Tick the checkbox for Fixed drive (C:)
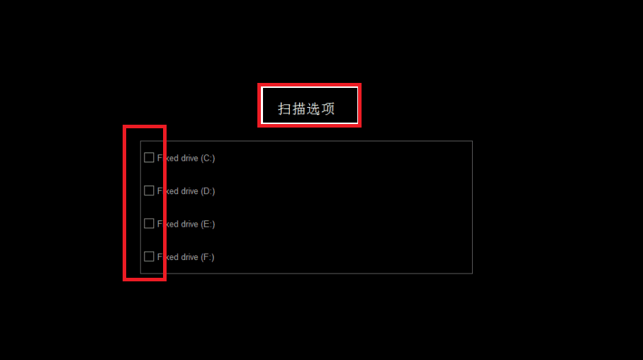pyautogui.click(x=149, y=157)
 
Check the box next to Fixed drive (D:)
pyautogui.click(x=149, y=191)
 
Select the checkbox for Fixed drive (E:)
pyautogui.click(x=149, y=223)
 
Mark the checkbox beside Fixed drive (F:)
pyautogui.click(x=149, y=257)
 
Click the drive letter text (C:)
pyautogui.click(x=208, y=158)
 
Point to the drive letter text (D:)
pyautogui.click(x=208, y=191)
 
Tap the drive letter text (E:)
pyautogui.click(x=208, y=224)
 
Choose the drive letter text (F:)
pyautogui.click(x=208, y=257)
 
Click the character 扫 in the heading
pyautogui.click(x=285, y=109)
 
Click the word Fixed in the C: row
pyautogui.click(x=168, y=158)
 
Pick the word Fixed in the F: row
pyautogui.click(x=168, y=257)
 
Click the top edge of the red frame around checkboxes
pyautogui.click(x=145, y=127)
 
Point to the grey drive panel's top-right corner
pyautogui.click(x=472, y=141)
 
